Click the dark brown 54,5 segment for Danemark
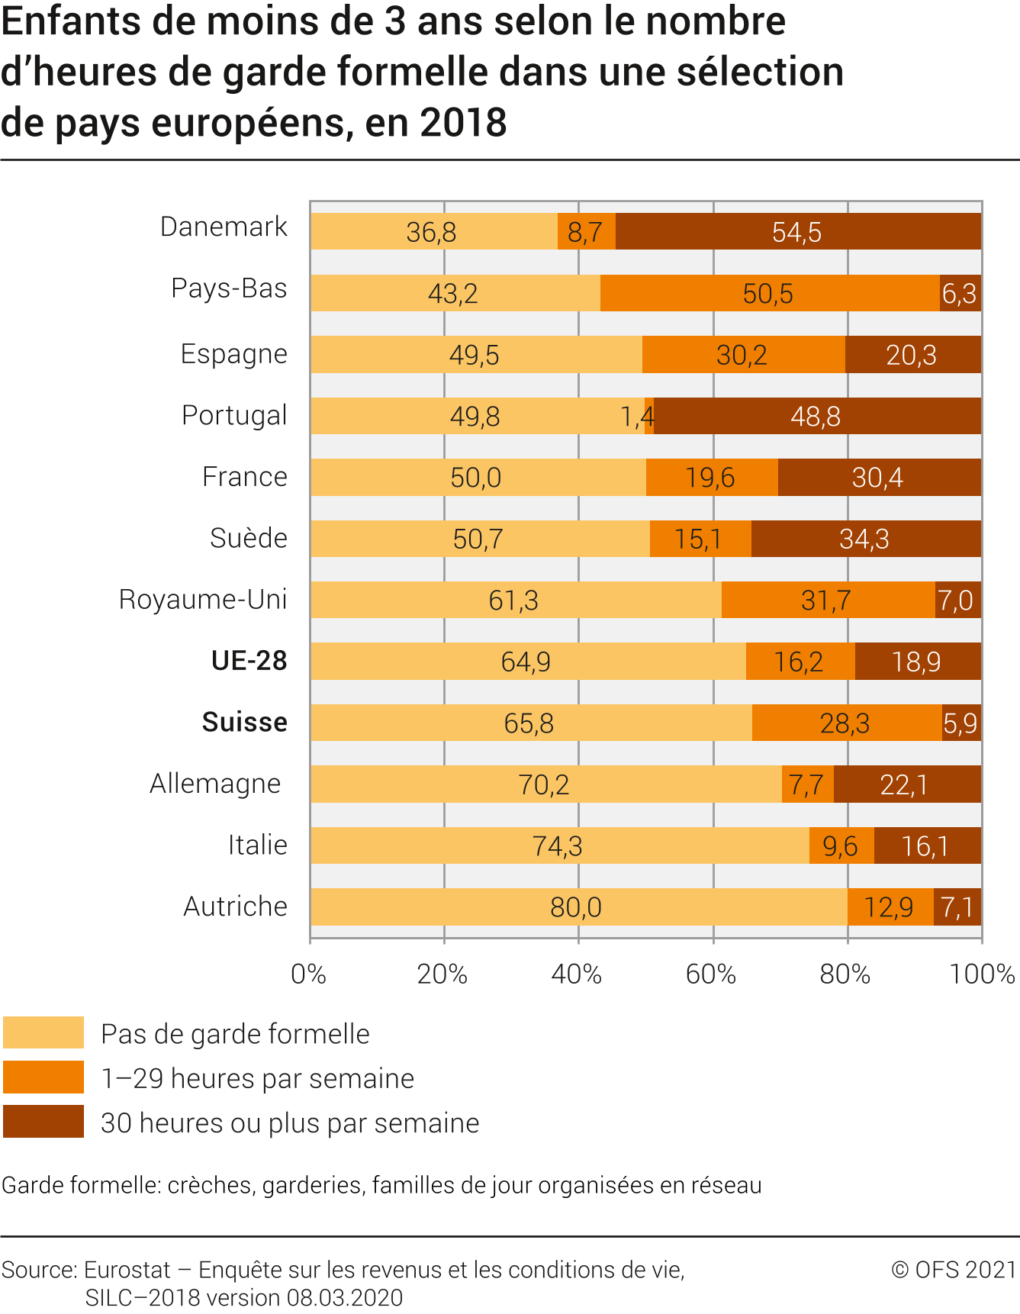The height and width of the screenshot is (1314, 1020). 797,231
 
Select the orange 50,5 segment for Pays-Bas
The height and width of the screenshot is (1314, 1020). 769,293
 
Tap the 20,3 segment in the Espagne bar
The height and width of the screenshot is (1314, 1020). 912,355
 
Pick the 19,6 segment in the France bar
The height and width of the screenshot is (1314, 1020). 711,478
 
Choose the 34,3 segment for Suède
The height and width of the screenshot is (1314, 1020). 865,539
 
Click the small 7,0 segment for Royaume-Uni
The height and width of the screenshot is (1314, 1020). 957,601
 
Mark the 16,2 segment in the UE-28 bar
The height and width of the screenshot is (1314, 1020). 800,662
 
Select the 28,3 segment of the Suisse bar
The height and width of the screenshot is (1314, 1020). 846,723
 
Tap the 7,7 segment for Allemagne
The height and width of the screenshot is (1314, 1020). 807,784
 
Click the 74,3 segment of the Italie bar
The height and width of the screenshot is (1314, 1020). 558,845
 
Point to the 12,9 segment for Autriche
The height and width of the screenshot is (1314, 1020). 890,907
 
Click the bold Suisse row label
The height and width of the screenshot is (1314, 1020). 245,722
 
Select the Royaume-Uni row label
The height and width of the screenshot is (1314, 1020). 203,600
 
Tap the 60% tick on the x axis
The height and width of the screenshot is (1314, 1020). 712,974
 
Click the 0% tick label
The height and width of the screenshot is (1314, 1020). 309,974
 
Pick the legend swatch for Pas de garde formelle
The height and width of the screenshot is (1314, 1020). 43,1033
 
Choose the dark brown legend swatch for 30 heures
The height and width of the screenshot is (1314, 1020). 43,1122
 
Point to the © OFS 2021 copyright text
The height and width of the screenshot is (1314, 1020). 954,1269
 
